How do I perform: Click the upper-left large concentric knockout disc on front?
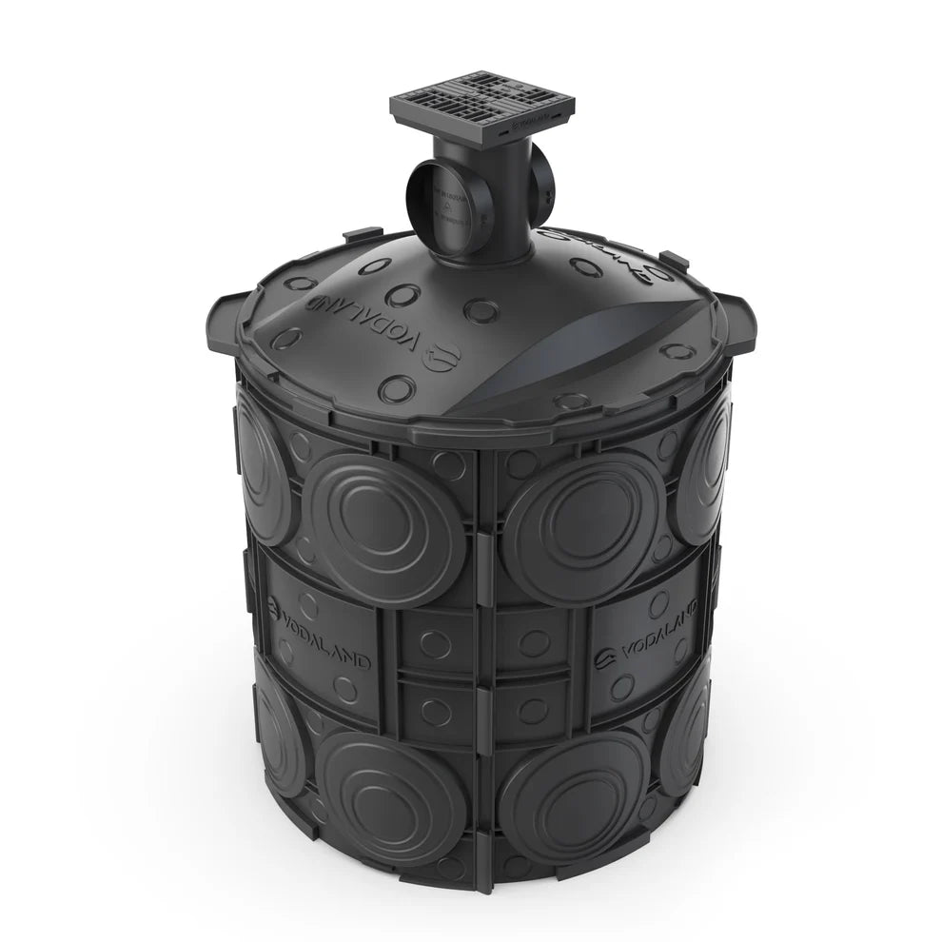point(384,526)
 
